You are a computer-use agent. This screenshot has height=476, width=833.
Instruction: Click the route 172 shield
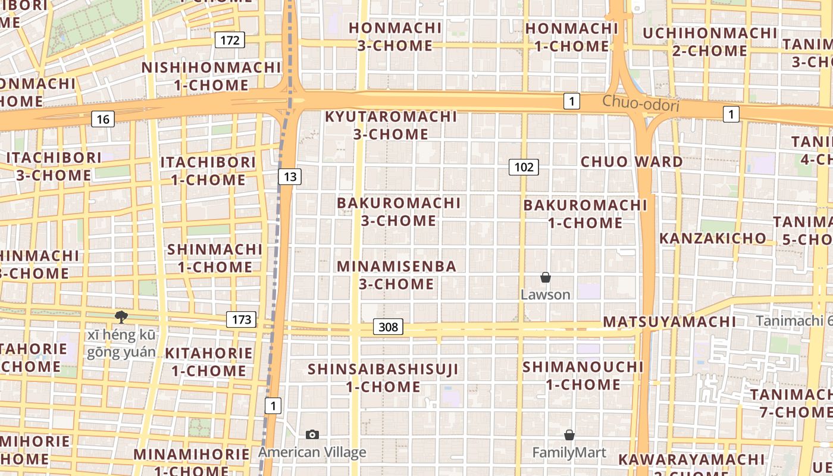tap(230, 40)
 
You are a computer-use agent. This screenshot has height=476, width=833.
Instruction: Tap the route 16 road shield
tap(103, 119)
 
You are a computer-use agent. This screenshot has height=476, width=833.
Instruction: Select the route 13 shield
tap(290, 176)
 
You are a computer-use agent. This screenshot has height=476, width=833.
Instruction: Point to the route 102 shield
tap(524, 167)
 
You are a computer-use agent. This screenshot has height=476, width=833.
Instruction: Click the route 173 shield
tap(241, 320)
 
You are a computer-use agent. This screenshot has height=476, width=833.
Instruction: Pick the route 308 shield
tap(388, 327)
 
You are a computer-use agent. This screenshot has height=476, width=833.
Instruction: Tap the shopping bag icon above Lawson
tap(545, 277)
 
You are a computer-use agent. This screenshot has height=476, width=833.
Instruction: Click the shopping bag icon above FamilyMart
tap(569, 435)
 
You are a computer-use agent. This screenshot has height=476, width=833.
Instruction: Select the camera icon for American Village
tap(312, 435)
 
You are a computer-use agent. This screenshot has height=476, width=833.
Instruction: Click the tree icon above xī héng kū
tap(121, 317)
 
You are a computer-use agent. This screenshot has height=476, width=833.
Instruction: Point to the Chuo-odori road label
tap(640, 104)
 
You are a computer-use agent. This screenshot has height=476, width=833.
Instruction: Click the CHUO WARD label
tap(632, 162)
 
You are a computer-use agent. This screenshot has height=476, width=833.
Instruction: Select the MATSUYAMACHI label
tap(669, 322)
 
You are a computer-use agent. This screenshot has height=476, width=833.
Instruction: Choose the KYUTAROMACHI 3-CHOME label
tap(391, 126)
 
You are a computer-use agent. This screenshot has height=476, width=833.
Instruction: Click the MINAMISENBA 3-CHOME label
tap(397, 275)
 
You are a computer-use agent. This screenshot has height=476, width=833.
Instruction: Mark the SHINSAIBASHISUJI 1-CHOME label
tap(383, 378)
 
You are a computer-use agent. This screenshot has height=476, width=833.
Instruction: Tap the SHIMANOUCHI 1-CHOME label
tap(583, 375)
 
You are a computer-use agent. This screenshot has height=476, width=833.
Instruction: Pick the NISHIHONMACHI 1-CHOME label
tap(211, 76)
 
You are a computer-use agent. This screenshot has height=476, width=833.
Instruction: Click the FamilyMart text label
tap(569, 453)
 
